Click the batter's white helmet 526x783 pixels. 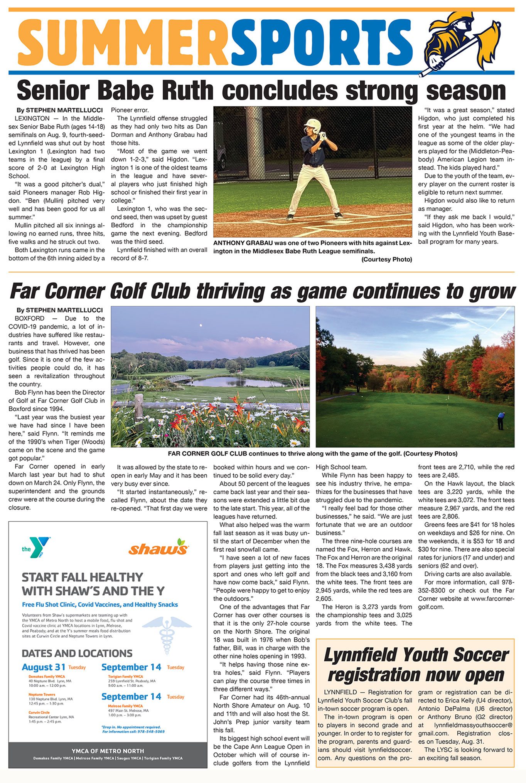[x=312, y=125]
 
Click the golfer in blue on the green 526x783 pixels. [x=501, y=420]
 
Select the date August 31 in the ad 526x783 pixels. [x=44, y=667]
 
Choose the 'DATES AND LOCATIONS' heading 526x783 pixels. [x=77, y=653]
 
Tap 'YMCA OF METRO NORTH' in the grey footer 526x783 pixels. [x=108, y=751]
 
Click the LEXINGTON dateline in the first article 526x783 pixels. [x=32, y=118]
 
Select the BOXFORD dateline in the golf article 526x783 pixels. [x=30, y=318]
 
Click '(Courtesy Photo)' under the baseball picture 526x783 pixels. [x=386, y=259]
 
